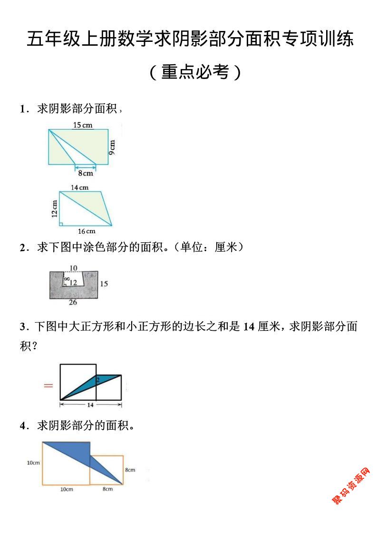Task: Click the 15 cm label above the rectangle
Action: click(83, 125)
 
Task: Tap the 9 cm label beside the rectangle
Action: click(112, 147)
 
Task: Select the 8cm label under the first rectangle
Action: click(86, 174)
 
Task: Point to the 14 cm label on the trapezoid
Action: click(80, 187)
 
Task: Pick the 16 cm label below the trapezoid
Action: click(87, 231)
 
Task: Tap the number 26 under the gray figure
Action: click(73, 302)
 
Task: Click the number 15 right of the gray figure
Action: click(104, 284)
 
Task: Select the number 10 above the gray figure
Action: click(74, 268)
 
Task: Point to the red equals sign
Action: click(48, 385)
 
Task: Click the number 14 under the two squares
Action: click(90, 405)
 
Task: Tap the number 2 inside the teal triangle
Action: click(97, 380)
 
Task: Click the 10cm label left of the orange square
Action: click(33, 463)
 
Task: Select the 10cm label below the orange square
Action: click(66, 489)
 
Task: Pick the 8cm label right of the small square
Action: click(130, 470)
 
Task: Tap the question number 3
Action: click(22, 326)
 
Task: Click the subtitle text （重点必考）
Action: click(195, 72)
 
